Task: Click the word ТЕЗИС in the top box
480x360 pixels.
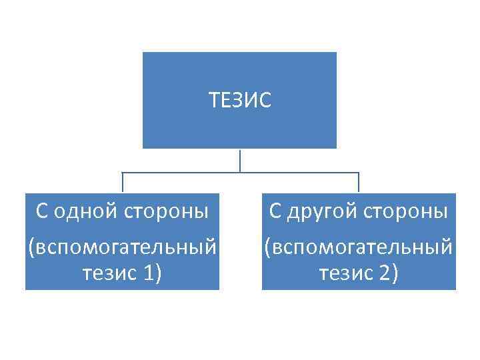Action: click(240, 101)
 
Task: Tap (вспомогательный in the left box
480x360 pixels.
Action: click(122, 247)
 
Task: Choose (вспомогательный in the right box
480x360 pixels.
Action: click(359, 247)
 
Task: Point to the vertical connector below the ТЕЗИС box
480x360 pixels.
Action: click(240, 160)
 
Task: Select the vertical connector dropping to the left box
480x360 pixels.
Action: click(122, 183)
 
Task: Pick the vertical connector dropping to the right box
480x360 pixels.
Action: click(359, 183)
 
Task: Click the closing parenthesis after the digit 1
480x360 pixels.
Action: click(158, 273)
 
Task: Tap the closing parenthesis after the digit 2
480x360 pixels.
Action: click(395, 273)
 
